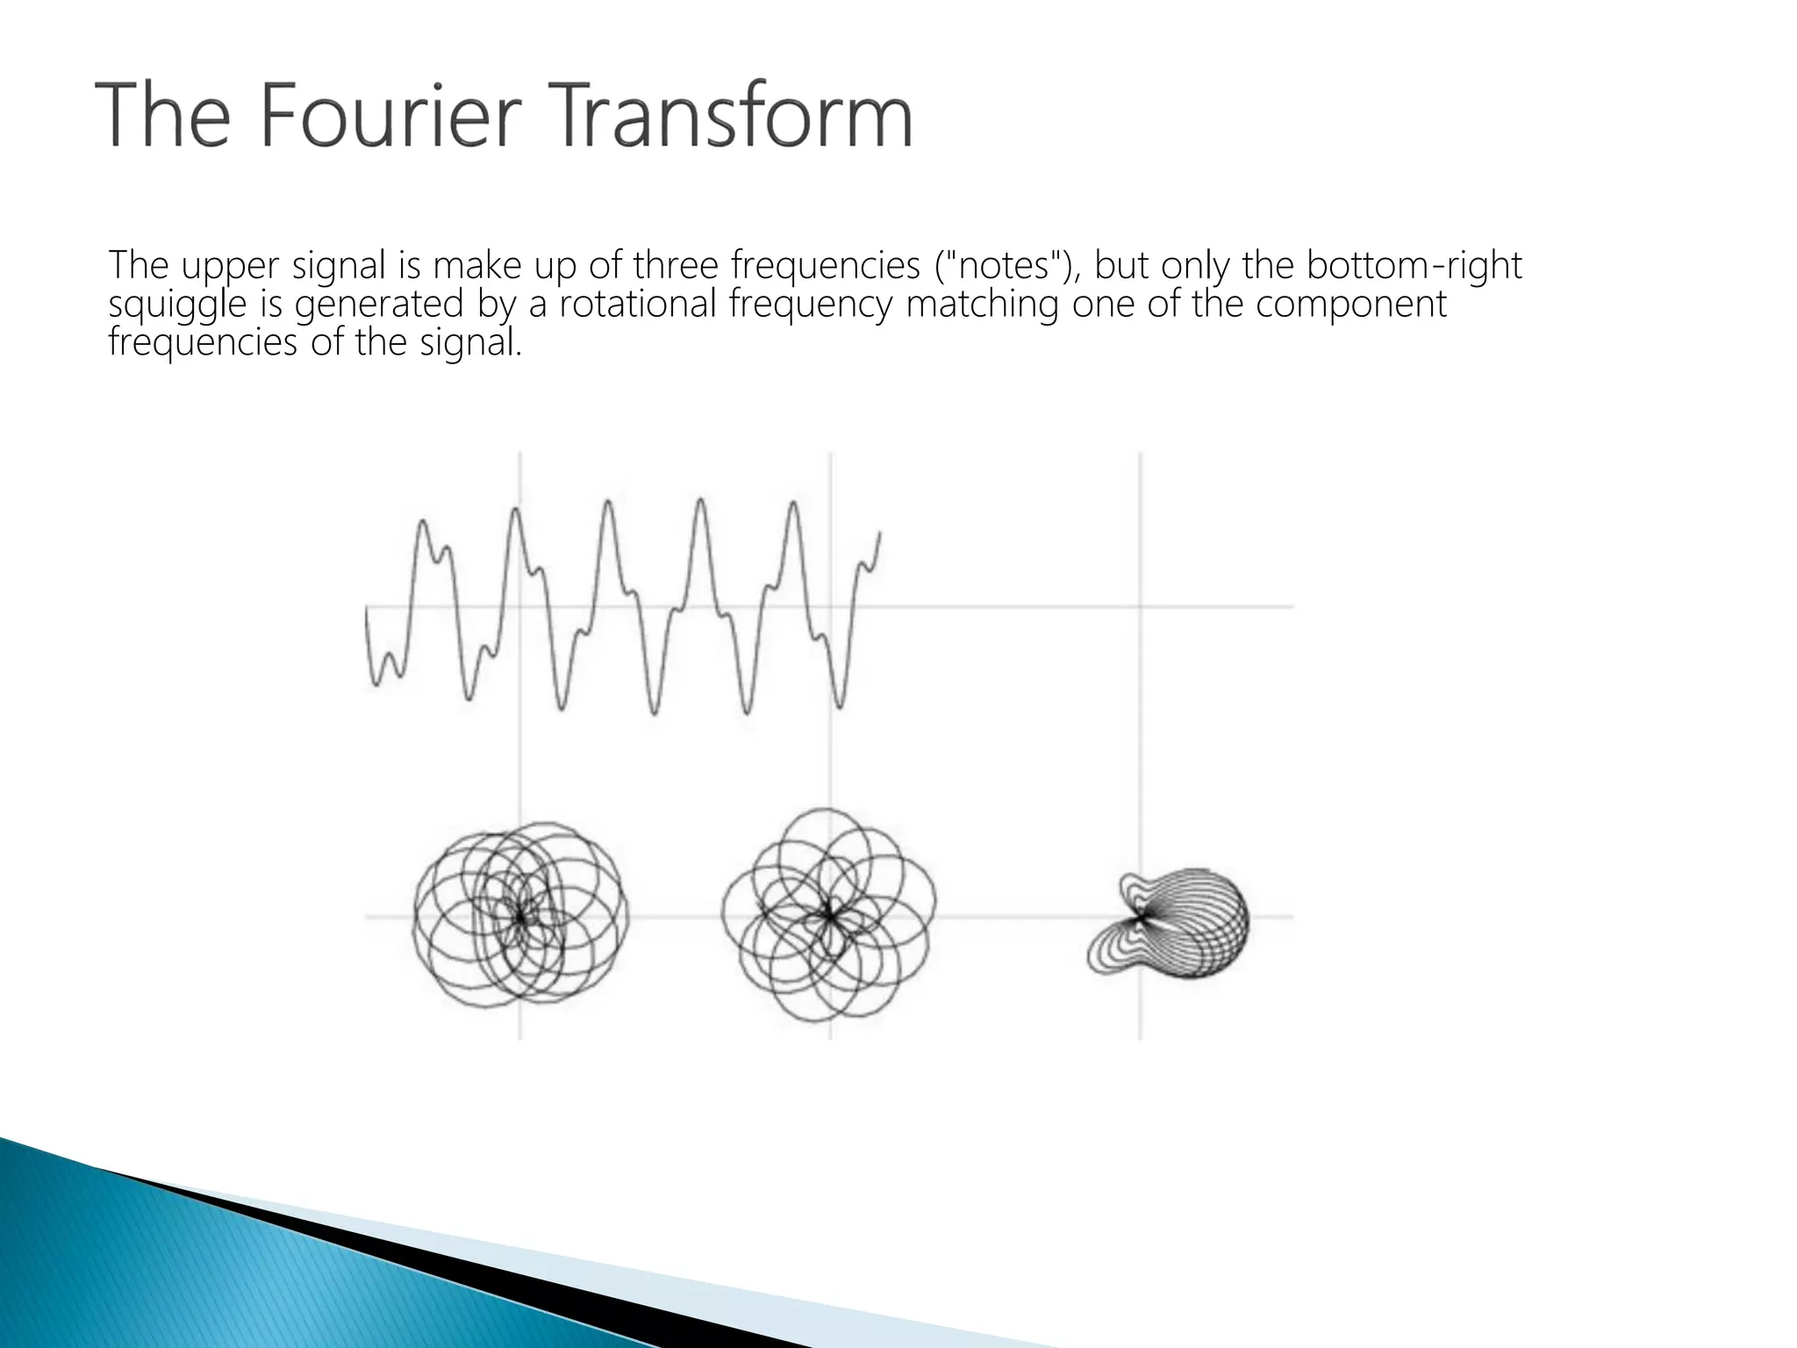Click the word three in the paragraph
tap(677, 265)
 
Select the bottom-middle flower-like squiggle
tap(828, 914)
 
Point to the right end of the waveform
tap(879, 533)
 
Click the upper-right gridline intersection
tap(1140, 606)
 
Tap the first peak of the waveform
tap(422, 522)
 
